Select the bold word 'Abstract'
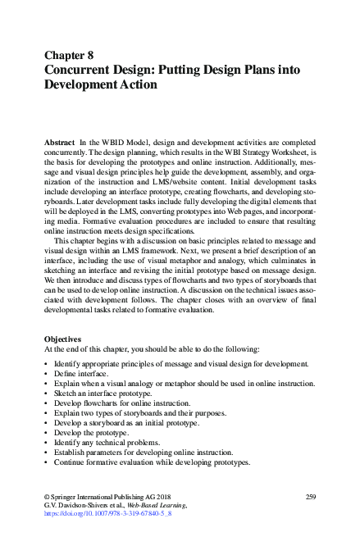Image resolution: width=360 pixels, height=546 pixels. (x=61, y=142)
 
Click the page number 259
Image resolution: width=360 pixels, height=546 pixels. (x=310, y=498)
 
